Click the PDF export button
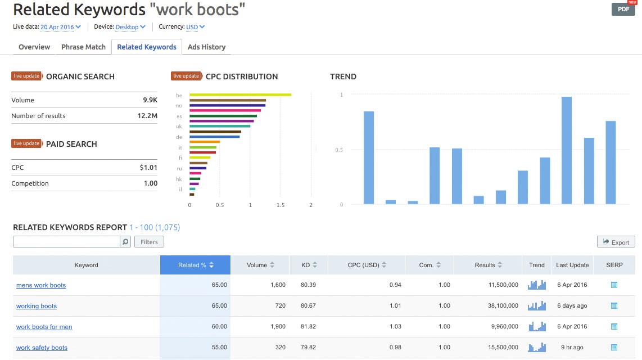point(623,10)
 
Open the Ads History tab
point(206,47)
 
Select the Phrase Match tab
point(83,47)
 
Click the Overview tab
point(34,47)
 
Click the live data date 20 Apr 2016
point(60,27)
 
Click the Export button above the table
point(616,242)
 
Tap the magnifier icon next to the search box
point(125,242)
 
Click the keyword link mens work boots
point(41,285)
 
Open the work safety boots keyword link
point(42,348)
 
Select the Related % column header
point(195,265)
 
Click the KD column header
point(309,265)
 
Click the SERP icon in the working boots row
point(614,306)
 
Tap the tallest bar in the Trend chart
point(567,150)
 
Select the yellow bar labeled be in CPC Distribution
point(240,94)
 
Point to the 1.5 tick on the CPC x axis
point(281,205)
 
